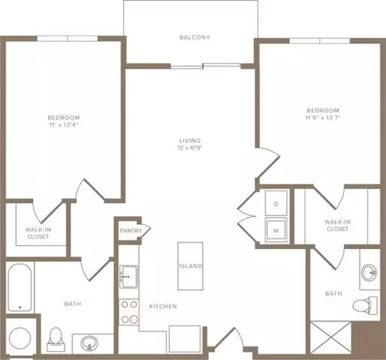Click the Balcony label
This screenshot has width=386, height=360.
tap(195, 37)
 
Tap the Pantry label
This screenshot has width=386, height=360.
tap(130, 231)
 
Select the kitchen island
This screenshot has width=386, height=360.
tap(191, 266)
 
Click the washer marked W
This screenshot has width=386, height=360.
tap(276, 230)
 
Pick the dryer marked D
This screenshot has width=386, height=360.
tap(276, 203)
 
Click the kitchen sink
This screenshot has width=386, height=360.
tap(129, 276)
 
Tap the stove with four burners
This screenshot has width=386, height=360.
tap(129, 312)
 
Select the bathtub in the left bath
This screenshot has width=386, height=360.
tap(19, 288)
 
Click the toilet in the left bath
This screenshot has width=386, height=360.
tap(55, 339)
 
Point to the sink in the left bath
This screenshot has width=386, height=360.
tap(89, 343)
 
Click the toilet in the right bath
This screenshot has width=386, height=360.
tap(365, 305)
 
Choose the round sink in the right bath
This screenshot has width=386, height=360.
tap(369, 273)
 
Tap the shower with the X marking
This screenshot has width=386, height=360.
tap(331, 337)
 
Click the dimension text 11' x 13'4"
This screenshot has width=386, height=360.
tap(64, 125)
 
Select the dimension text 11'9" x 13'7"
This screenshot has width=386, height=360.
tap(322, 117)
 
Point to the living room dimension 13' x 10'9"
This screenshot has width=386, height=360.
tap(190, 148)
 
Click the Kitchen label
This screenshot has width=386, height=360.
tap(163, 306)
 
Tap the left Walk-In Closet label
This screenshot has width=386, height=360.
tap(38, 233)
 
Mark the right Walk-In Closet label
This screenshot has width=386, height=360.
tap(338, 225)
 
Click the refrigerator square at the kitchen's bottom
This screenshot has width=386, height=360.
tap(185, 339)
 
